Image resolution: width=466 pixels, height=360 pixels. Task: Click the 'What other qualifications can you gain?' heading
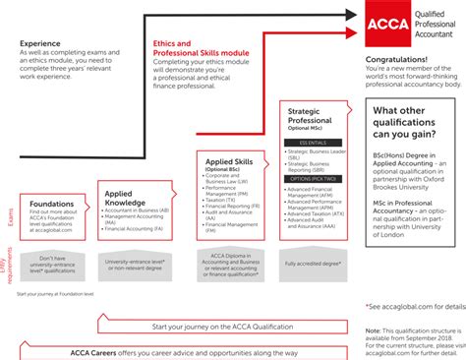(x=413, y=123)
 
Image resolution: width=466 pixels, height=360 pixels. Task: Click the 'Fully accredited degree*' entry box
(x=315, y=264)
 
